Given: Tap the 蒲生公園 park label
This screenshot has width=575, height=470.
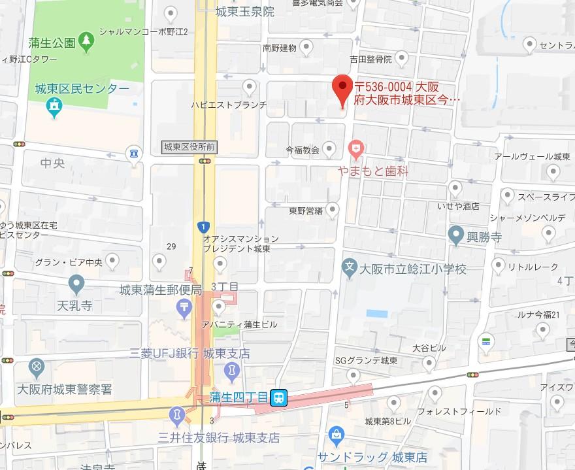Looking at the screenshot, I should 52,43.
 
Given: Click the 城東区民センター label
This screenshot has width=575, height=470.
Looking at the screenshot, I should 82,89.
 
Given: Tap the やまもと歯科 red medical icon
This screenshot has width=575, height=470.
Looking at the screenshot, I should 355,150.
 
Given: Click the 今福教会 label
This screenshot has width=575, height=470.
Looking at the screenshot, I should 303,150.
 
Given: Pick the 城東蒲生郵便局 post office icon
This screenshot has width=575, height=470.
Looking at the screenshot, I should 185,306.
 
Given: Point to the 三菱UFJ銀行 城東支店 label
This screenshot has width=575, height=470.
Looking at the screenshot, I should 189,354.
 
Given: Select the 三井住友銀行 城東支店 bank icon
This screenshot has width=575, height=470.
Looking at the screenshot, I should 176,414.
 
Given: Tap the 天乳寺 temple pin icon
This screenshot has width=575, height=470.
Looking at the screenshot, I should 77,284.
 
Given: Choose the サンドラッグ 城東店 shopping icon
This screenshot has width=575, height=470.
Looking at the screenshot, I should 337,433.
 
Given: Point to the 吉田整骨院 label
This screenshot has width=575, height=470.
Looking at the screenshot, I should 370,59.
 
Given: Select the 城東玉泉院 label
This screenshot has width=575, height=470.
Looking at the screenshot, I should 245,12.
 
